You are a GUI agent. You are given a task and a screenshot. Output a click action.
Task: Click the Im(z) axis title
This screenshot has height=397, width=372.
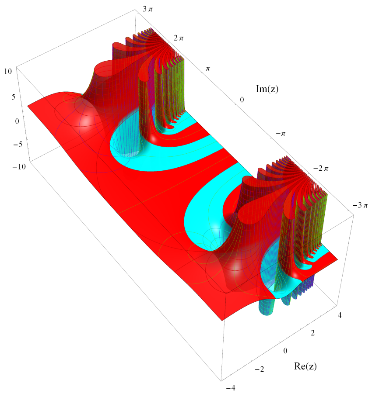point(267,89)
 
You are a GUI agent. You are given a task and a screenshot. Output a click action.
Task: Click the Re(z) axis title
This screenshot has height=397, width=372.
point(305,366)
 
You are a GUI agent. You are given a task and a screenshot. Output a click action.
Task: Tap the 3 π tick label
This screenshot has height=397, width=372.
point(147,9)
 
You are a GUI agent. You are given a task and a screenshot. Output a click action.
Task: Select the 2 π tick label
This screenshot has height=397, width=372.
point(179,38)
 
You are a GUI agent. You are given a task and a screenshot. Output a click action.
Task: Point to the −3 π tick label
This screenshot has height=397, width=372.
point(360,205)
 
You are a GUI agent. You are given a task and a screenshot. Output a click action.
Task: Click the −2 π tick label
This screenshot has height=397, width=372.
point(320,169)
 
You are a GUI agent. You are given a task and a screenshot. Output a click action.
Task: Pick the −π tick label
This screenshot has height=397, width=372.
point(281,134)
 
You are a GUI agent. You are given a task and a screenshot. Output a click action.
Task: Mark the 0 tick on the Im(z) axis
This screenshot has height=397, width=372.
point(242,100)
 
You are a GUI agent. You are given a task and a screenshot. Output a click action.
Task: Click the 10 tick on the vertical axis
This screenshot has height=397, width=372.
point(8,71)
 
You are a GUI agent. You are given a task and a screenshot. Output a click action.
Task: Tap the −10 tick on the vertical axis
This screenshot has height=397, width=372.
point(19,166)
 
